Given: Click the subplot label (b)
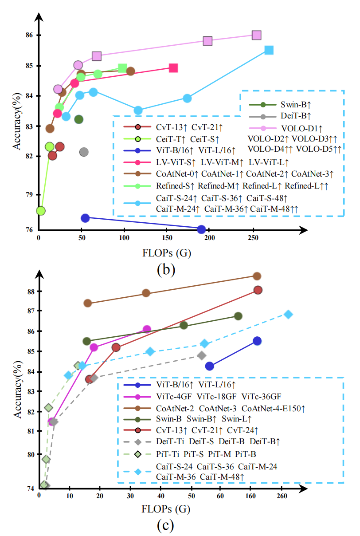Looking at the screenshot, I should (x=166, y=268).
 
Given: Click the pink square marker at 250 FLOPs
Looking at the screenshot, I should (x=256, y=35).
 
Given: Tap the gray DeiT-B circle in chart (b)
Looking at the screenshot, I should (x=84, y=152).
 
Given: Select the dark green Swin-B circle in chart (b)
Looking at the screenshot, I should (x=79, y=119).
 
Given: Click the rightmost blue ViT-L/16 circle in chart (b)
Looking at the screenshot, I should (x=201, y=229).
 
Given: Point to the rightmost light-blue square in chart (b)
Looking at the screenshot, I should (x=269, y=50).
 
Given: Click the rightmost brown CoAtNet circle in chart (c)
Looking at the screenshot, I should (x=257, y=276).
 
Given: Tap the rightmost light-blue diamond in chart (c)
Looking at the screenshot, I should (x=288, y=314).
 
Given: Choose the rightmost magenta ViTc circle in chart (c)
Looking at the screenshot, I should (x=147, y=329).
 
